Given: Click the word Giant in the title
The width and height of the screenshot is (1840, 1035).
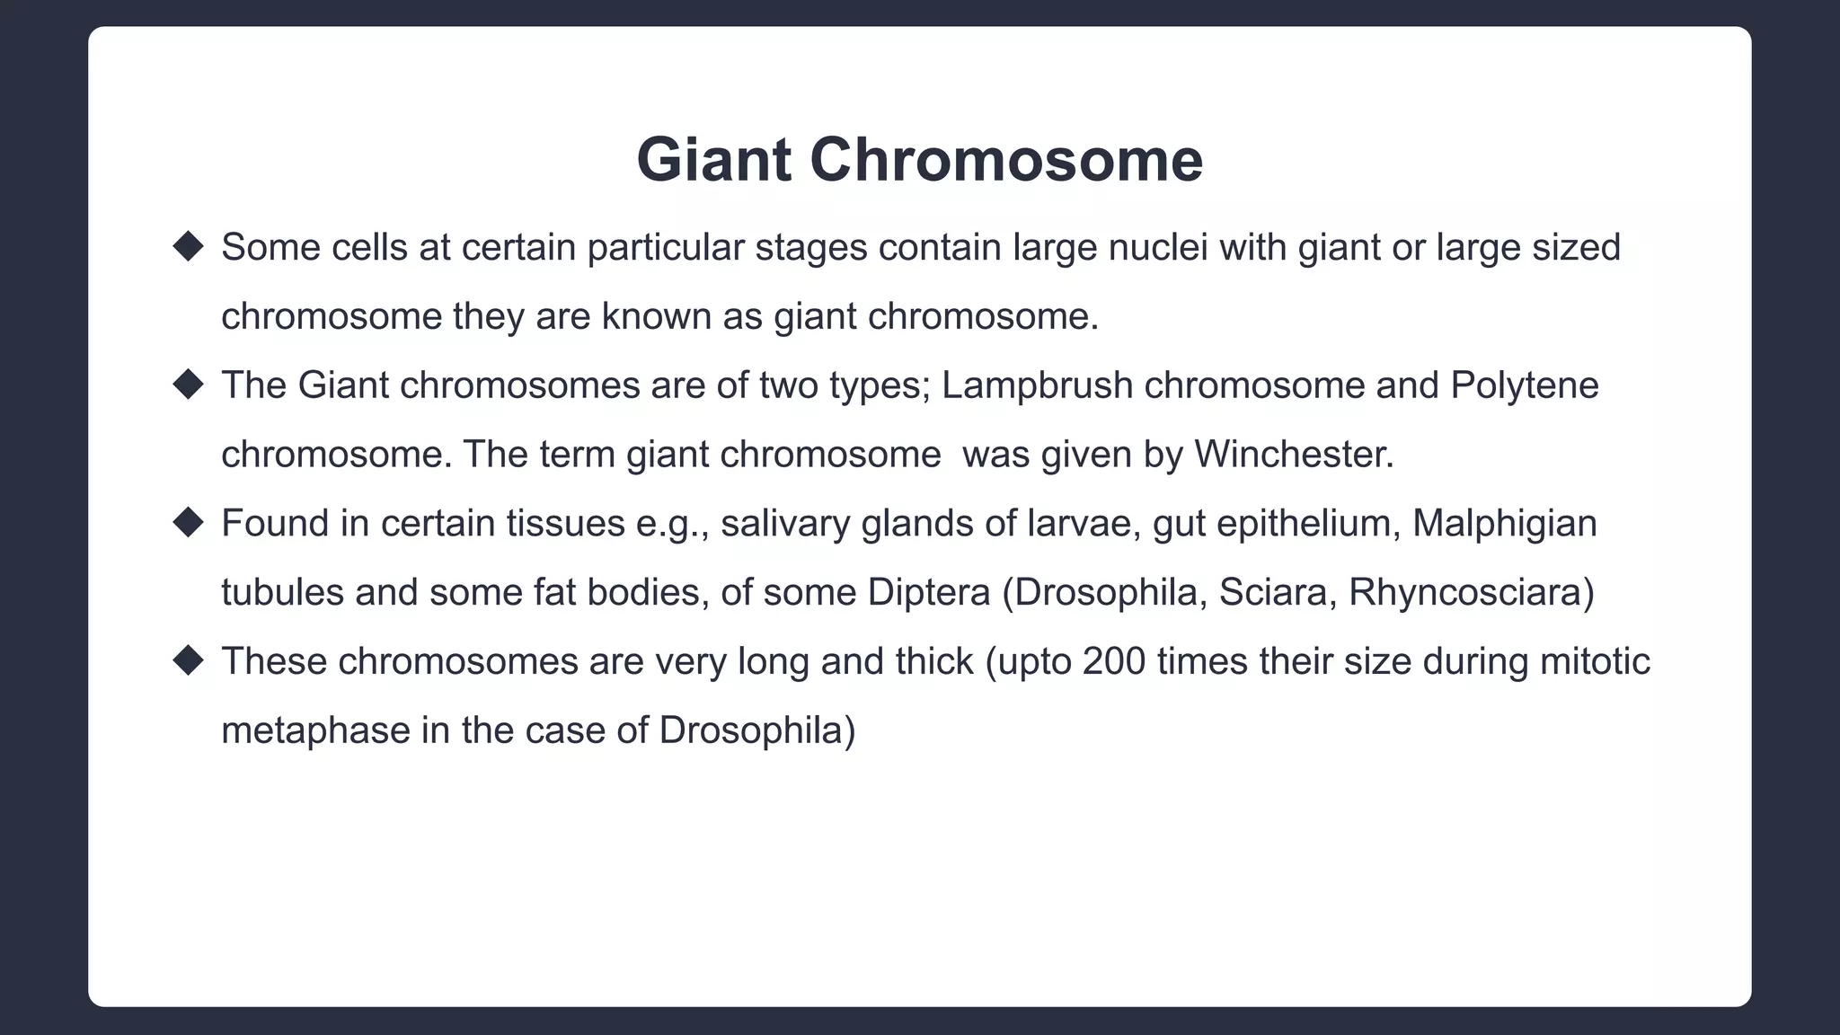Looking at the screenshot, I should (x=713, y=160).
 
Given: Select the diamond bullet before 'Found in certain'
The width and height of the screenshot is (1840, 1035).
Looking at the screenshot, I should (x=189, y=522).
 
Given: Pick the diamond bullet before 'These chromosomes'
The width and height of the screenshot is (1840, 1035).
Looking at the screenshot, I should (x=189, y=660).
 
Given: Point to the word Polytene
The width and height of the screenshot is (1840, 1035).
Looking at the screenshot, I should (x=1524, y=385).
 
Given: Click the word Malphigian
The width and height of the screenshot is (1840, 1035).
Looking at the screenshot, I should (x=1504, y=524).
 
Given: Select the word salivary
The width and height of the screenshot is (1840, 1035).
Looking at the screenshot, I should (x=784, y=524).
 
